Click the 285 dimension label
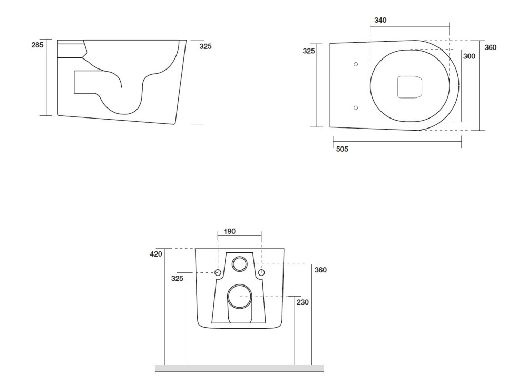click(x=37, y=45)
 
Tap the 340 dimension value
click(x=380, y=20)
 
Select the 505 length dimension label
click(x=342, y=149)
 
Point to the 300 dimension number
click(x=469, y=56)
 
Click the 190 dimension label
click(x=230, y=231)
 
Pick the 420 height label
click(x=156, y=254)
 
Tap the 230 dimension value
click(x=302, y=302)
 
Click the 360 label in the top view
click(x=490, y=48)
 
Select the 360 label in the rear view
click(x=320, y=270)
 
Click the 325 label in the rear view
click(x=177, y=279)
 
